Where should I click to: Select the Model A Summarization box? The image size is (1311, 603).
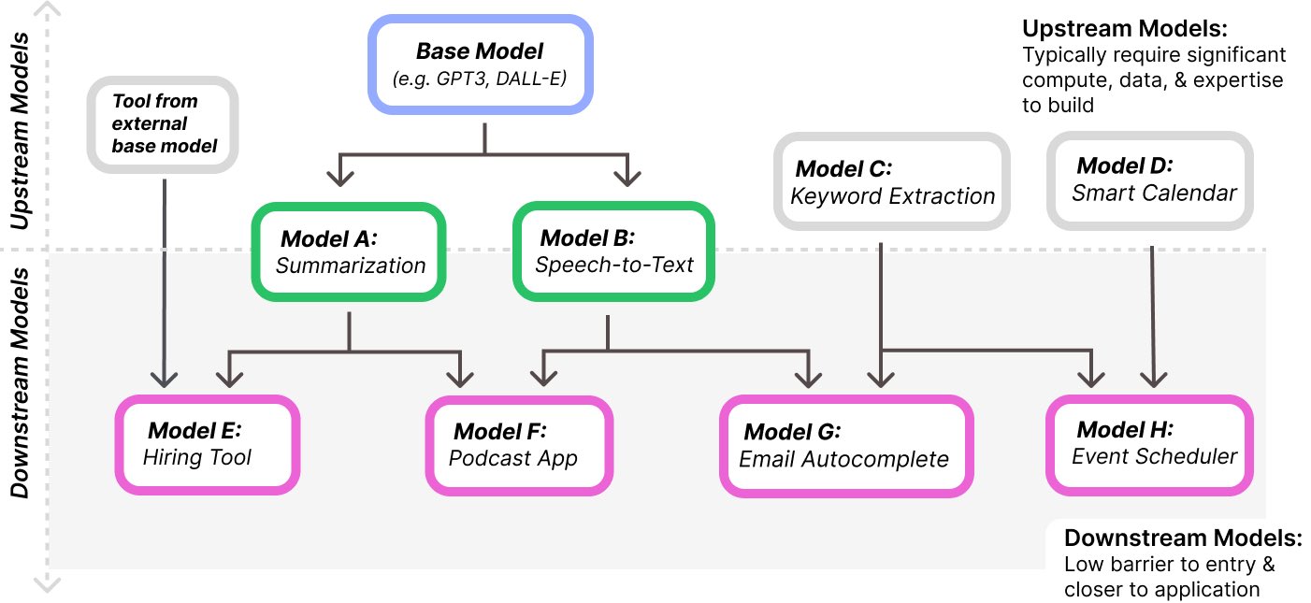tap(349, 251)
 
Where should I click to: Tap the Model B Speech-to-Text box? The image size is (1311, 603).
tap(613, 251)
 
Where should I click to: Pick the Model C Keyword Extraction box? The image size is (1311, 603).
tap(892, 181)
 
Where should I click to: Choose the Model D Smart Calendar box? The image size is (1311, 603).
tap(1149, 179)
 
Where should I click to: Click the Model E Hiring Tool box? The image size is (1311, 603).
tap(206, 444)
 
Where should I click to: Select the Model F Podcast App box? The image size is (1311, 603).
tap(519, 445)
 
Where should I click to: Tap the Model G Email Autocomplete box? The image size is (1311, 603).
tap(845, 446)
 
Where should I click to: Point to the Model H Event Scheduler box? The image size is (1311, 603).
tap(1149, 444)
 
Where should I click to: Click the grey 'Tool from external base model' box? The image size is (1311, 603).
tap(164, 123)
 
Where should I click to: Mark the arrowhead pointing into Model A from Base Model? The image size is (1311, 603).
tap(339, 177)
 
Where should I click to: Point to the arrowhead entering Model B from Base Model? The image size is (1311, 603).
tap(626, 177)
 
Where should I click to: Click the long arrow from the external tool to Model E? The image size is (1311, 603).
tap(165, 280)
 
